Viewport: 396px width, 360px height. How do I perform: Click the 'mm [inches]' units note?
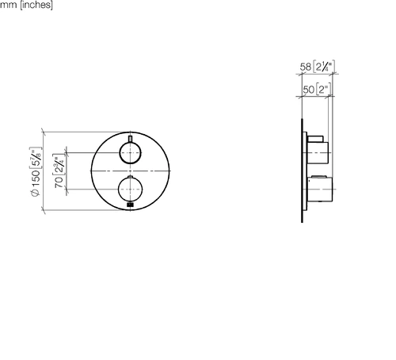(x=26, y=5)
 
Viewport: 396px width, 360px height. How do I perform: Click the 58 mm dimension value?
(x=306, y=67)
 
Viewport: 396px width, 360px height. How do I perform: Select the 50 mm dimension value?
(x=308, y=90)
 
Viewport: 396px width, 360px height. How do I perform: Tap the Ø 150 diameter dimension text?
(x=36, y=183)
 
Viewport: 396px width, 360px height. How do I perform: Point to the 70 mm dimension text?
(x=59, y=182)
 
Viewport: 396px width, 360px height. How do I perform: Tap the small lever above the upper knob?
(x=130, y=139)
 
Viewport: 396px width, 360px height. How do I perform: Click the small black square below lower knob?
(x=130, y=205)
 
